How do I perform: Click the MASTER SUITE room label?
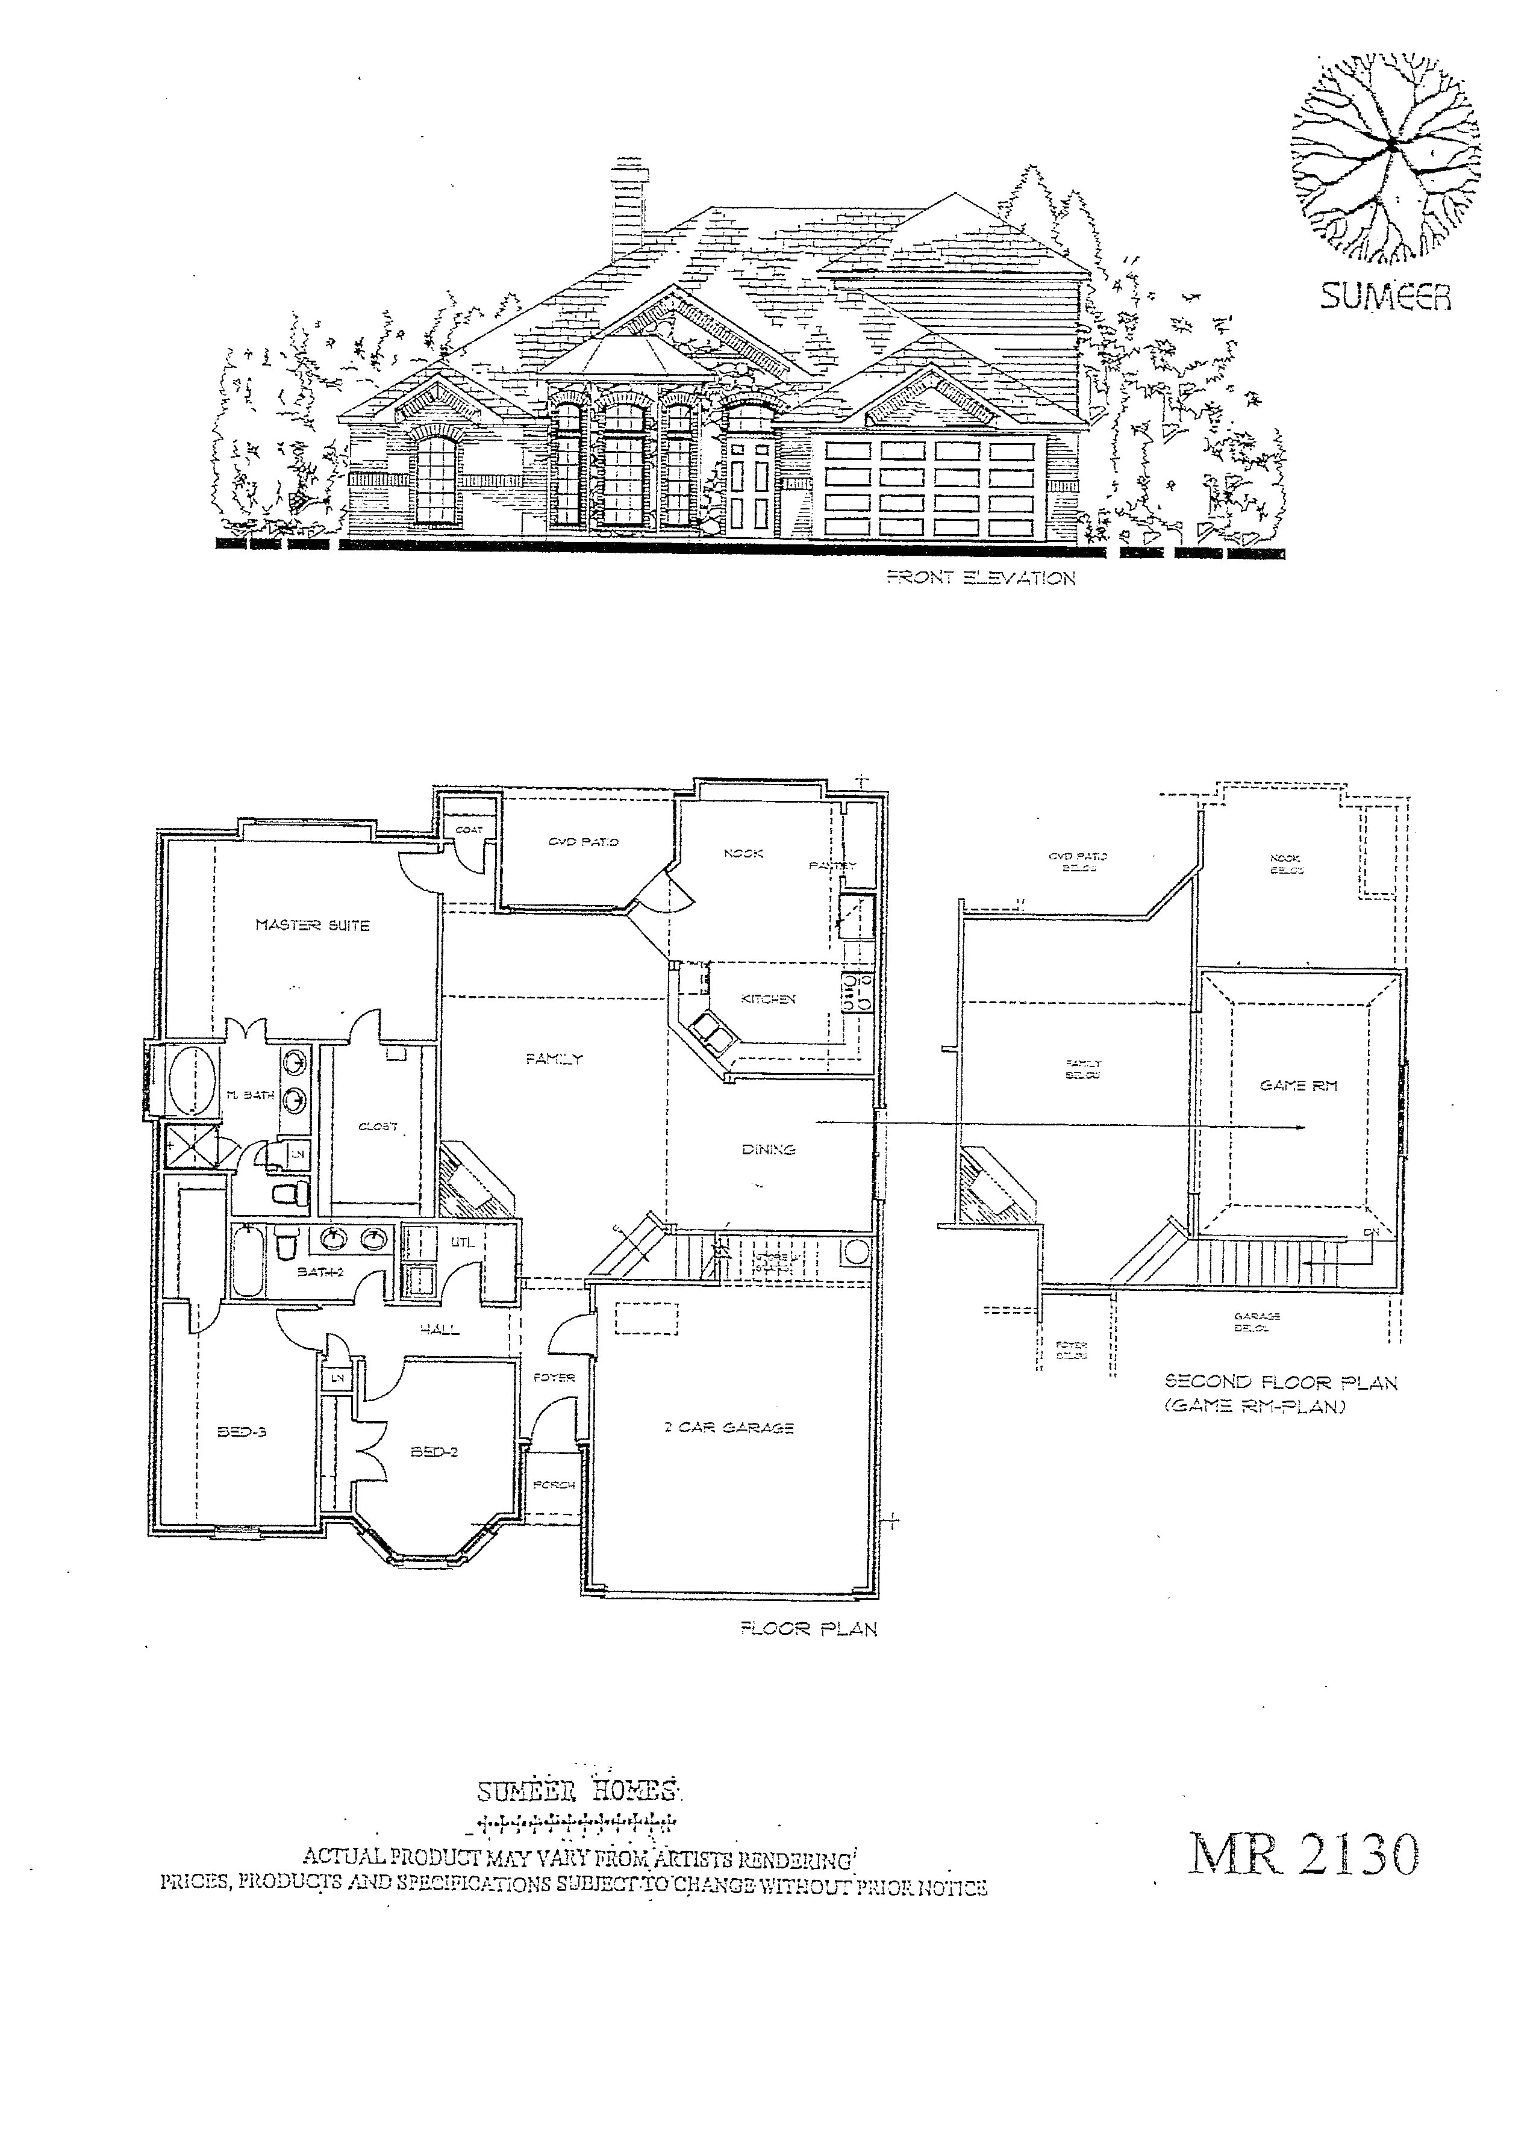312,925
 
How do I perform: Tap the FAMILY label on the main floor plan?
554,1059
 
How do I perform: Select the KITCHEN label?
768,999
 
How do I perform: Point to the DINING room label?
768,1149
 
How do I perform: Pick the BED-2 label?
434,1452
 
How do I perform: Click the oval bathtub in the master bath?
192,1081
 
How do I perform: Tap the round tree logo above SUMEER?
1385,155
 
